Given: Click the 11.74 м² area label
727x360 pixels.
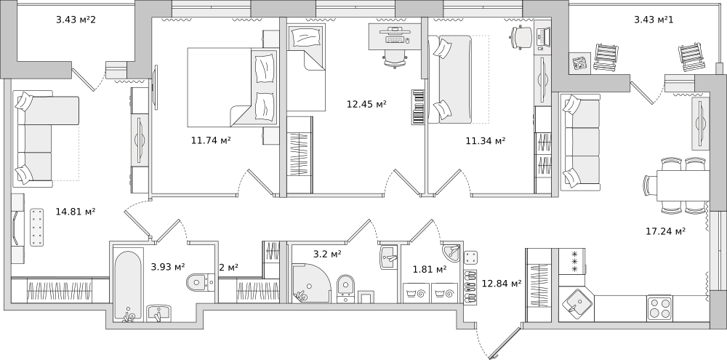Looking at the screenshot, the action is coord(211,140).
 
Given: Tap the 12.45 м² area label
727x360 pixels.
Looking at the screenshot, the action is coord(366,103).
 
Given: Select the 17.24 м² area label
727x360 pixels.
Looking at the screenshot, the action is coord(666,231).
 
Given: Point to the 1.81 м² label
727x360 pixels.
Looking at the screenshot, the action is coord(430,268).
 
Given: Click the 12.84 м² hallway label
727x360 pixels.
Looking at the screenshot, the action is coord(502,283).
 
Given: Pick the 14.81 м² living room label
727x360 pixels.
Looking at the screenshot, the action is coord(76,212).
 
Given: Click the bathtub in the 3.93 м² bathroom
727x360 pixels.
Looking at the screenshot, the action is coord(128,286).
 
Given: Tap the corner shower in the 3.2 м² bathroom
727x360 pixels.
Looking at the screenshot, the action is coord(310,283).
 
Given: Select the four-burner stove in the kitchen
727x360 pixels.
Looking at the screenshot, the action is coord(659,308).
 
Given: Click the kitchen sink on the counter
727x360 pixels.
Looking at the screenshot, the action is coord(577,304).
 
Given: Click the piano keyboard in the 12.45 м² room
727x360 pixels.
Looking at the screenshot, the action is coord(418,107).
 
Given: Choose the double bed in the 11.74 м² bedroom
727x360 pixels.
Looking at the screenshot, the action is coord(233,87).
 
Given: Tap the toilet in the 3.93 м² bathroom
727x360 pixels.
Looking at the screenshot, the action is coord(200,281).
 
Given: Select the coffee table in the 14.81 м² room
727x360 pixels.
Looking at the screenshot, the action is coord(36,228).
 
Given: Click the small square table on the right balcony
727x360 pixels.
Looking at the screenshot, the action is coord(579,63).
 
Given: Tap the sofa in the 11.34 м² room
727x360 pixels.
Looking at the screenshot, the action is coord(450,79).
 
